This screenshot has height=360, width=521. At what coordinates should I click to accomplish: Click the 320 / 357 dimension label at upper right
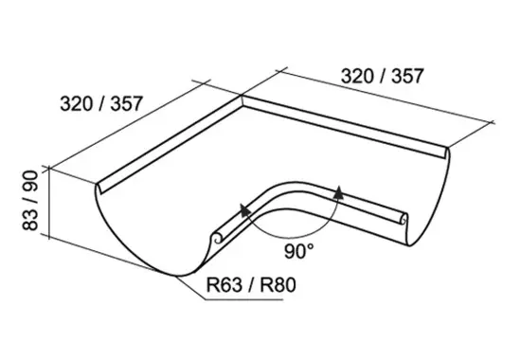(382, 76)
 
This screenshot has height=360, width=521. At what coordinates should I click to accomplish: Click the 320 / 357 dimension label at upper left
(101, 103)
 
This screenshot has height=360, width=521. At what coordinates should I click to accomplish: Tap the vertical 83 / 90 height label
(30, 200)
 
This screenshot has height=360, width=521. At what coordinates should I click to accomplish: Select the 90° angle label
(298, 251)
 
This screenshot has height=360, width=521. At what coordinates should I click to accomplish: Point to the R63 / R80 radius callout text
(251, 285)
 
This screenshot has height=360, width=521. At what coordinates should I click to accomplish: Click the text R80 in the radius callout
(278, 285)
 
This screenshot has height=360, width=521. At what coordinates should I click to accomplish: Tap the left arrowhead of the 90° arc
(245, 210)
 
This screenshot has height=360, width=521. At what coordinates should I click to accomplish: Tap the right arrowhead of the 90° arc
(338, 192)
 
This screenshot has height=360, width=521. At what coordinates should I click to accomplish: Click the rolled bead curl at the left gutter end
(216, 238)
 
